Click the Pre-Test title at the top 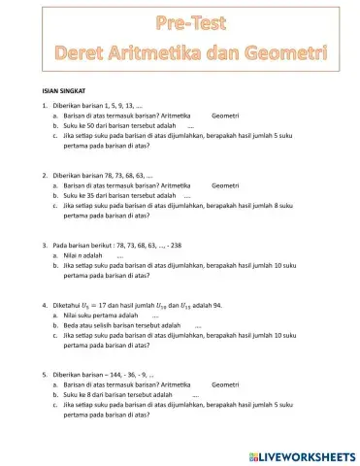point(180,21)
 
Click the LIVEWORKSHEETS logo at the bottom point(303,454)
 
